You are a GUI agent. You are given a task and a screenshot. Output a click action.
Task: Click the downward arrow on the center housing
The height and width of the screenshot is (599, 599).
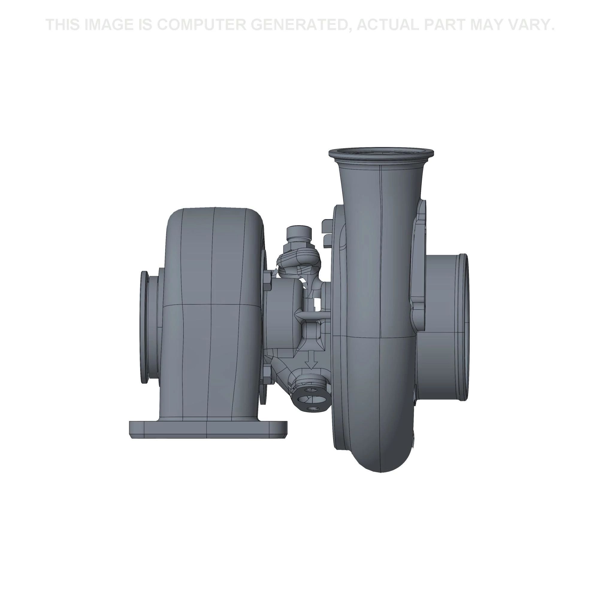tap(312, 360)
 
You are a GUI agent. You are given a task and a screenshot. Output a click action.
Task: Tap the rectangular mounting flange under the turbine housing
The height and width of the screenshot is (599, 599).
tap(208, 429)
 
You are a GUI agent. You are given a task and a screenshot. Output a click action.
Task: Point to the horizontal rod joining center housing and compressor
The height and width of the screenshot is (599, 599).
tap(313, 315)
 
